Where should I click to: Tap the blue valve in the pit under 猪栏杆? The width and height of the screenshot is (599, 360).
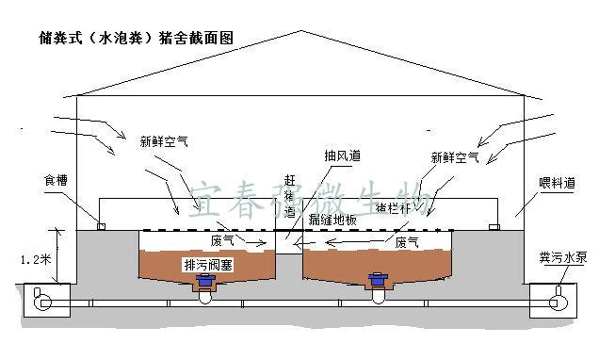(x=377, y=280)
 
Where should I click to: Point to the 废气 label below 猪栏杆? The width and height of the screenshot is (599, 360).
(x=407, y=242)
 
